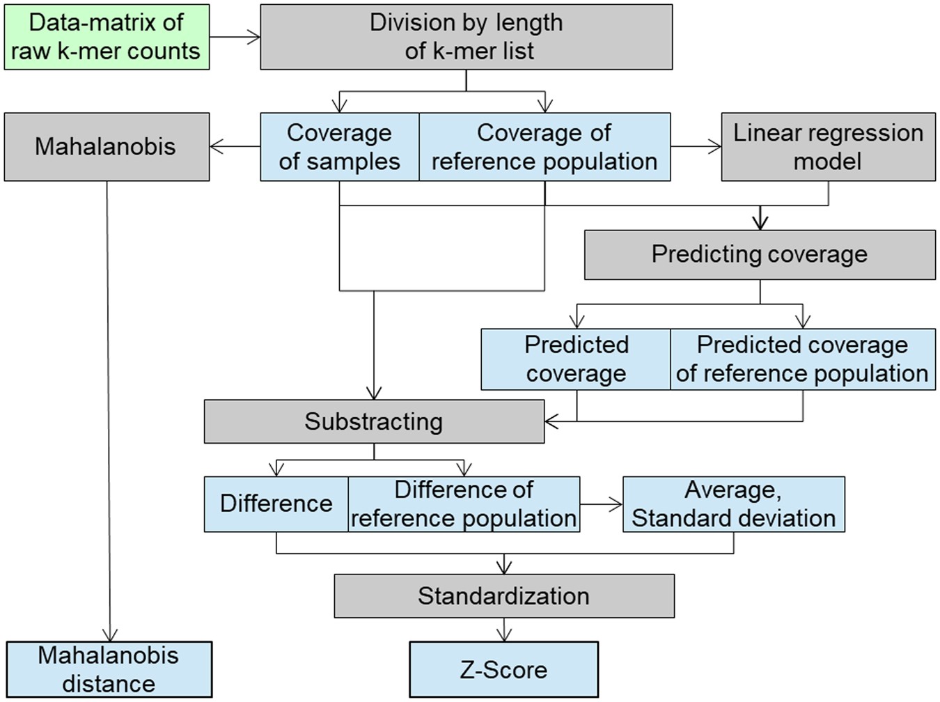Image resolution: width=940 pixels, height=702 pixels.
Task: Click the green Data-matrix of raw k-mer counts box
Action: tap(107, 37)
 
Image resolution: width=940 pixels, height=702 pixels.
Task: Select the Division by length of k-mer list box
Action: tap(466, 37)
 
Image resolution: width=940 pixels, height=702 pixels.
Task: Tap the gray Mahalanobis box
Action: tap(107, 147)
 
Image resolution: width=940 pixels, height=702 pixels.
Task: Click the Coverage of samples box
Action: tap(340, 147)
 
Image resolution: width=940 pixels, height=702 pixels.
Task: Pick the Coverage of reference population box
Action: tap(545, 147)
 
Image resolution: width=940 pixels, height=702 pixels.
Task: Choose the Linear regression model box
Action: tap(828, 147)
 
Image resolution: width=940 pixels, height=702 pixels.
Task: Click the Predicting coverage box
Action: tap(760, 255)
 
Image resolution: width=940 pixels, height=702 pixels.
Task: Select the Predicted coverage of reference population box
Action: tap(802, 359)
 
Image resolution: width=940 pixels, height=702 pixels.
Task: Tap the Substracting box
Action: tap(374, 421)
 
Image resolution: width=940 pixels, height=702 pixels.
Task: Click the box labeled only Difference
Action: tap(276, 504)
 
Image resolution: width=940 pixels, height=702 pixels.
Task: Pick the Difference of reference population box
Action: tap(464, 504)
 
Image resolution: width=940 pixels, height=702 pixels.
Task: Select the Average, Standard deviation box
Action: tap(733, 504)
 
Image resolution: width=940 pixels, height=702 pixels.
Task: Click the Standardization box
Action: tap(504, 596)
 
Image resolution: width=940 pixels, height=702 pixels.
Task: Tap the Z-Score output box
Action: tap(503, 670)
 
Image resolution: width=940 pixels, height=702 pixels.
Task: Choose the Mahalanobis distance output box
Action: tap(109, 670)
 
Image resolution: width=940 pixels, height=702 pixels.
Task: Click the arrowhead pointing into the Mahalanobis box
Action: tap(216, 147)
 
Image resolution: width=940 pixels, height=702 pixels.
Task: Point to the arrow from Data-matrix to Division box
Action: tap(235, 37)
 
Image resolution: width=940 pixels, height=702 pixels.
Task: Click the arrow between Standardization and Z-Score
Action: tap(504, 630)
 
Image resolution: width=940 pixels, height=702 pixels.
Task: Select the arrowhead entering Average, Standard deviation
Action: tap(616, 504)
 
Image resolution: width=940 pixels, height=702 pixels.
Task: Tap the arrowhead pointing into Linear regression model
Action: tap(714, 147)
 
